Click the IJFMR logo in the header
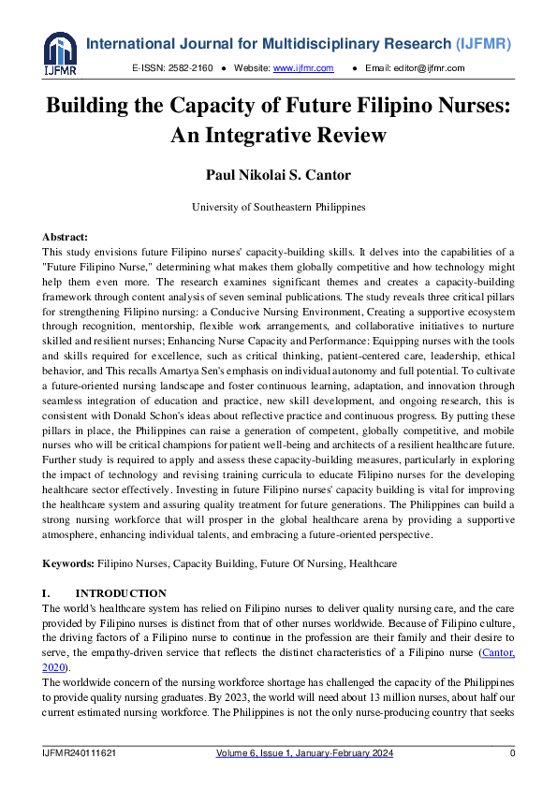click(60, 53)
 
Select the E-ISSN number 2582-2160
click(193, 68)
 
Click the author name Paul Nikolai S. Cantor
click(278, 173)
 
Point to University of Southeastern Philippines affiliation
click(278, 207)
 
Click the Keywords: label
click(68, 564)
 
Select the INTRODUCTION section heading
click(121, 593)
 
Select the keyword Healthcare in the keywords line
click(373, 564)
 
